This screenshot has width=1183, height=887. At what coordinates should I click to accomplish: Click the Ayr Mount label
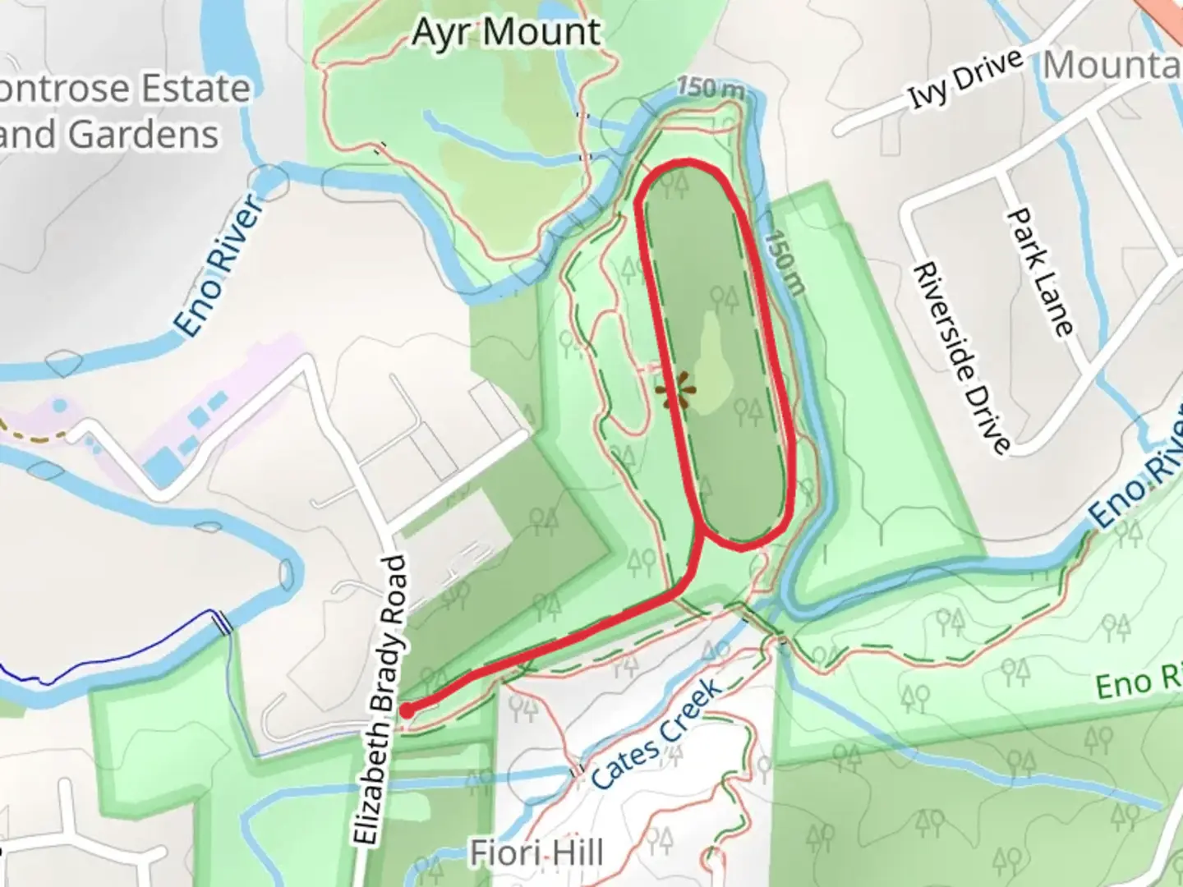(x=506, y=33)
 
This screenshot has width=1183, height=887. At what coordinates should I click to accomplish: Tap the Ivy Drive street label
(x=966, y=79)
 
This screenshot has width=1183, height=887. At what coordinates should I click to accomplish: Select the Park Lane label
(x=1040, y=271)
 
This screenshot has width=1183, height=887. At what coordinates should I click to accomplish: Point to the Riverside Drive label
(x=961, y=358)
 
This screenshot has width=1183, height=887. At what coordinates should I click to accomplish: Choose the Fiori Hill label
(x=537, y=853)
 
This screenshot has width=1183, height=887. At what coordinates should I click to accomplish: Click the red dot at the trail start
(x=407, y=710)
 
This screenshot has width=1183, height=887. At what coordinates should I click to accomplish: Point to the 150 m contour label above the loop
(x=711, y=87)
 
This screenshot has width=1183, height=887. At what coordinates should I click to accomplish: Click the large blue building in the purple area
(x=162, y=466)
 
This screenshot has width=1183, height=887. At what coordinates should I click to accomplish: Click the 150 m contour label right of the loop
(x=785, y=262)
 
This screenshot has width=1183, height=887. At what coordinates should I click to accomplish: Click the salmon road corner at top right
(x=1167, y=11)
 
